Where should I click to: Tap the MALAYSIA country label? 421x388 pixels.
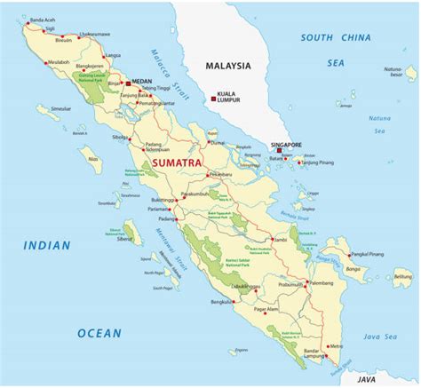227,66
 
